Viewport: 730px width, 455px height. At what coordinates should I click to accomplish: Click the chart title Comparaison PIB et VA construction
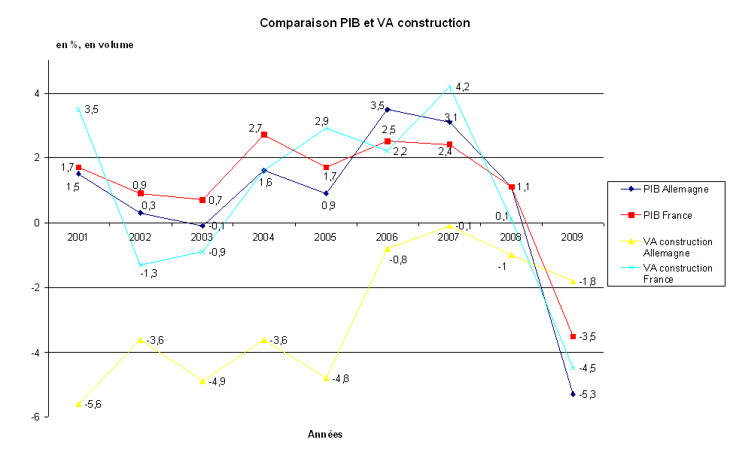click(365, 23)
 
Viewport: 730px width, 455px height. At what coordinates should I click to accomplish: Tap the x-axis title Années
click(325, 434)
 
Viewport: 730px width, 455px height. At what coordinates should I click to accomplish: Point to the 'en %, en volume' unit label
click(95, 45)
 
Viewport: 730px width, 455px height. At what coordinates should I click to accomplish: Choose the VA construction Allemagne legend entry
click(677, 247)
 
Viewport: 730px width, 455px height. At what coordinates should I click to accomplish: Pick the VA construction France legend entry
click(677, 273)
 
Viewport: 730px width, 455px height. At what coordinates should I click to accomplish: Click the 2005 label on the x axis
click(325, 237)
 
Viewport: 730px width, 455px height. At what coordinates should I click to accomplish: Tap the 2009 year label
click(573, 237)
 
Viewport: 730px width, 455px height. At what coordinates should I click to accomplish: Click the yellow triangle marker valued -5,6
click(78, 404)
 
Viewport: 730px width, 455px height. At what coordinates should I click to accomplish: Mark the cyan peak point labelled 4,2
click(449, 87)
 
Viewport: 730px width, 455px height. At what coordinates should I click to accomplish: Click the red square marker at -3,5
click(573, 336)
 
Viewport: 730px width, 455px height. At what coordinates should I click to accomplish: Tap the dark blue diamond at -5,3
click(573, 394)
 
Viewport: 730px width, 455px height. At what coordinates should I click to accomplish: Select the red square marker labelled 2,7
click(264, 135)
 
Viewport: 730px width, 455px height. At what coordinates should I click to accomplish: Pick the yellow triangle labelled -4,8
click(326, 378)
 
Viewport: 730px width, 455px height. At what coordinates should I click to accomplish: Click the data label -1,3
click(148, 274)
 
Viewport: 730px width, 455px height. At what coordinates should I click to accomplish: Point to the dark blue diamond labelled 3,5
click(388, 110)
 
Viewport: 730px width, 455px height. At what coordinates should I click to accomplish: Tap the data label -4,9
click(217, 381)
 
